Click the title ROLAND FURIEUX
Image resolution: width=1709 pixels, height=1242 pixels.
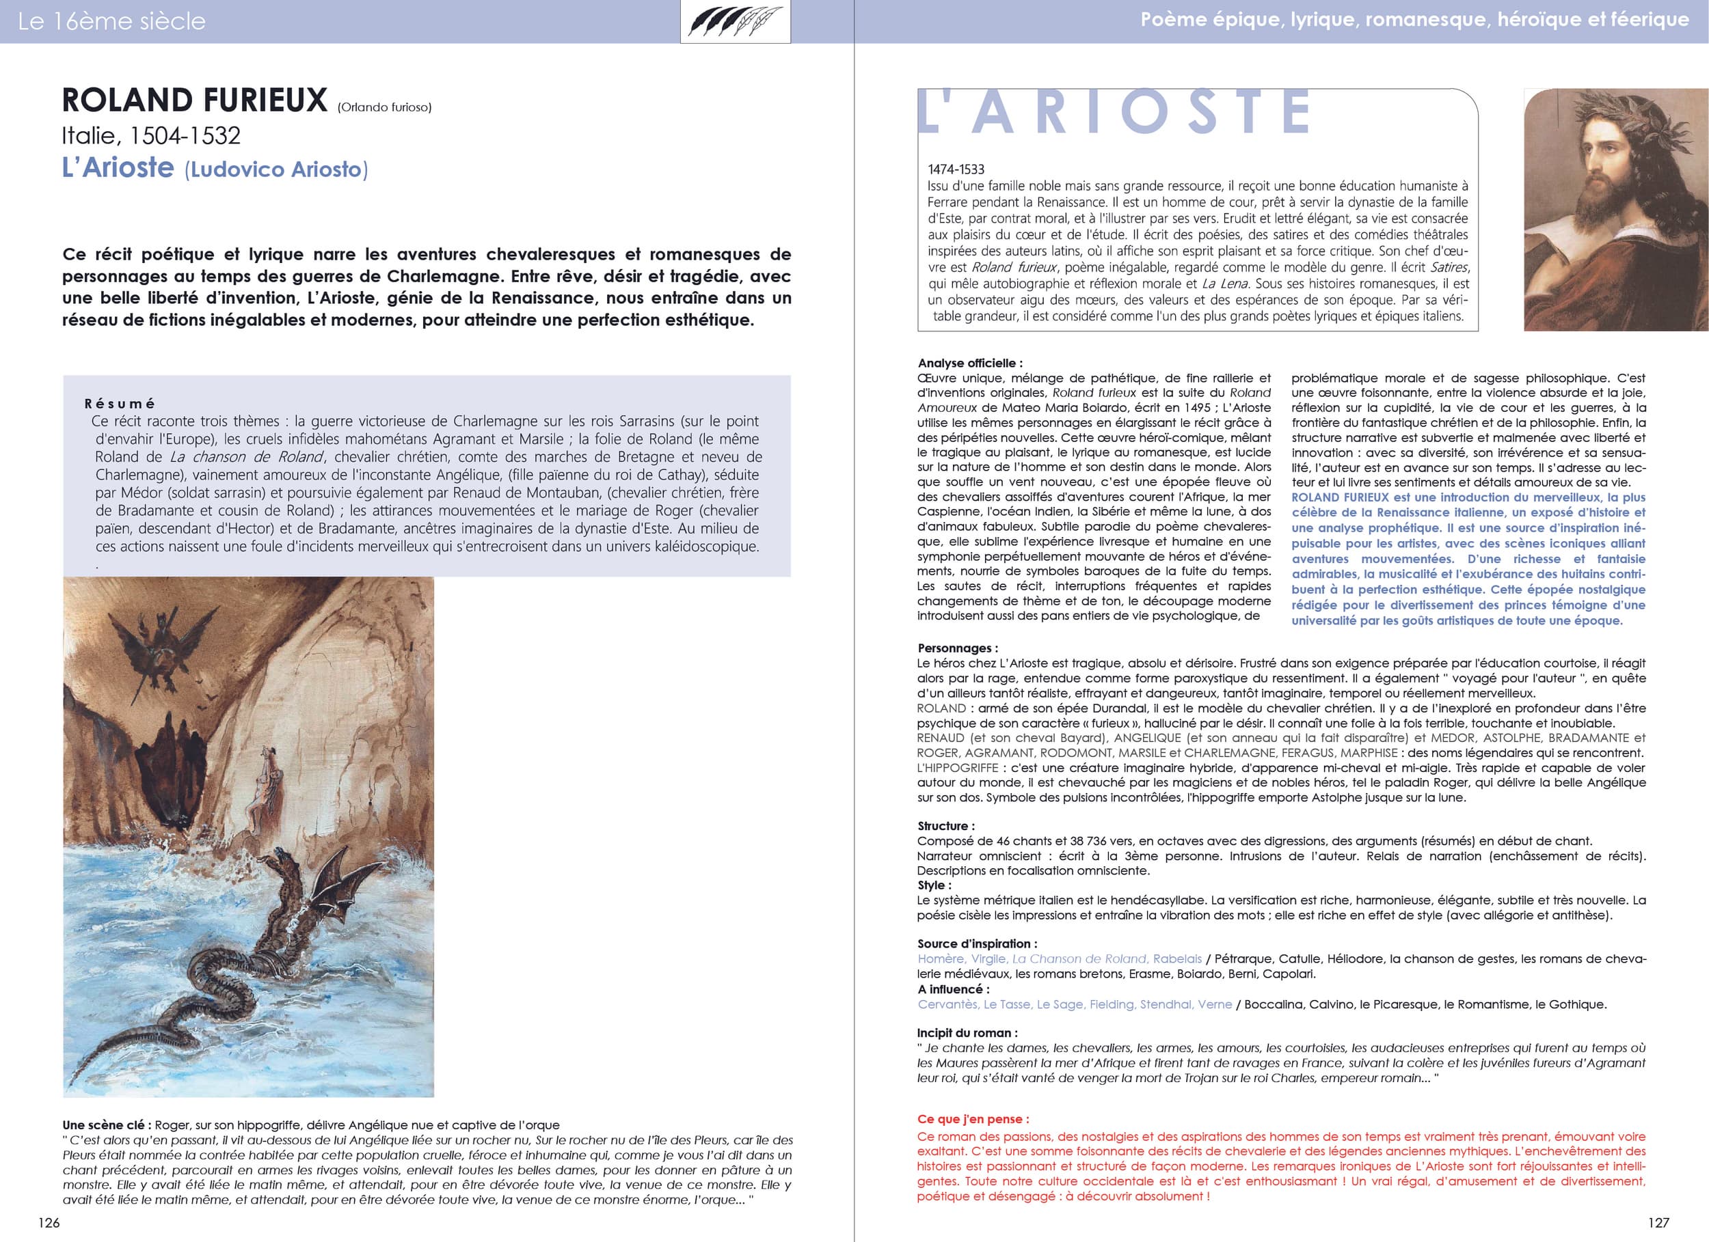pos(194,101)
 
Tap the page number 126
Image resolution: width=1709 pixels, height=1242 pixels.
pos(49,1222)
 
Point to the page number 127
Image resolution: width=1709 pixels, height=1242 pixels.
pos(1658,1222)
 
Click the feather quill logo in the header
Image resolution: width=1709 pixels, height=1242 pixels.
pos(735,21)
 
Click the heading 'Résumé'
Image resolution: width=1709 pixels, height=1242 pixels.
pos(120,404)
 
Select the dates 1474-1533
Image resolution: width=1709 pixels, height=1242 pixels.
pos(956,169)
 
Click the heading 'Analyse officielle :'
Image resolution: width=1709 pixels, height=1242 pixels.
pos(970,363)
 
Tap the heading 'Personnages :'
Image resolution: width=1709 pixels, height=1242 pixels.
pos(957,648)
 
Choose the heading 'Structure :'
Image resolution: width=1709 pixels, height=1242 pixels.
pos(945,825)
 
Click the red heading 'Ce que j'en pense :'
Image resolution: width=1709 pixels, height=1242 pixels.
pos(973,1119)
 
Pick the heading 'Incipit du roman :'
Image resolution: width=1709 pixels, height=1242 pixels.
pos(967,1033)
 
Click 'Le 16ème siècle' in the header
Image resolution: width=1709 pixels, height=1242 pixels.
pos(111,21)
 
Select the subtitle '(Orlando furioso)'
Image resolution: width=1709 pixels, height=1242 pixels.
pos(384,108)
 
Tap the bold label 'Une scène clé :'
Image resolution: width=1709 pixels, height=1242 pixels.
pos(107,1125)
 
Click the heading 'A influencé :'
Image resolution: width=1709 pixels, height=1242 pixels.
pos(953,989)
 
